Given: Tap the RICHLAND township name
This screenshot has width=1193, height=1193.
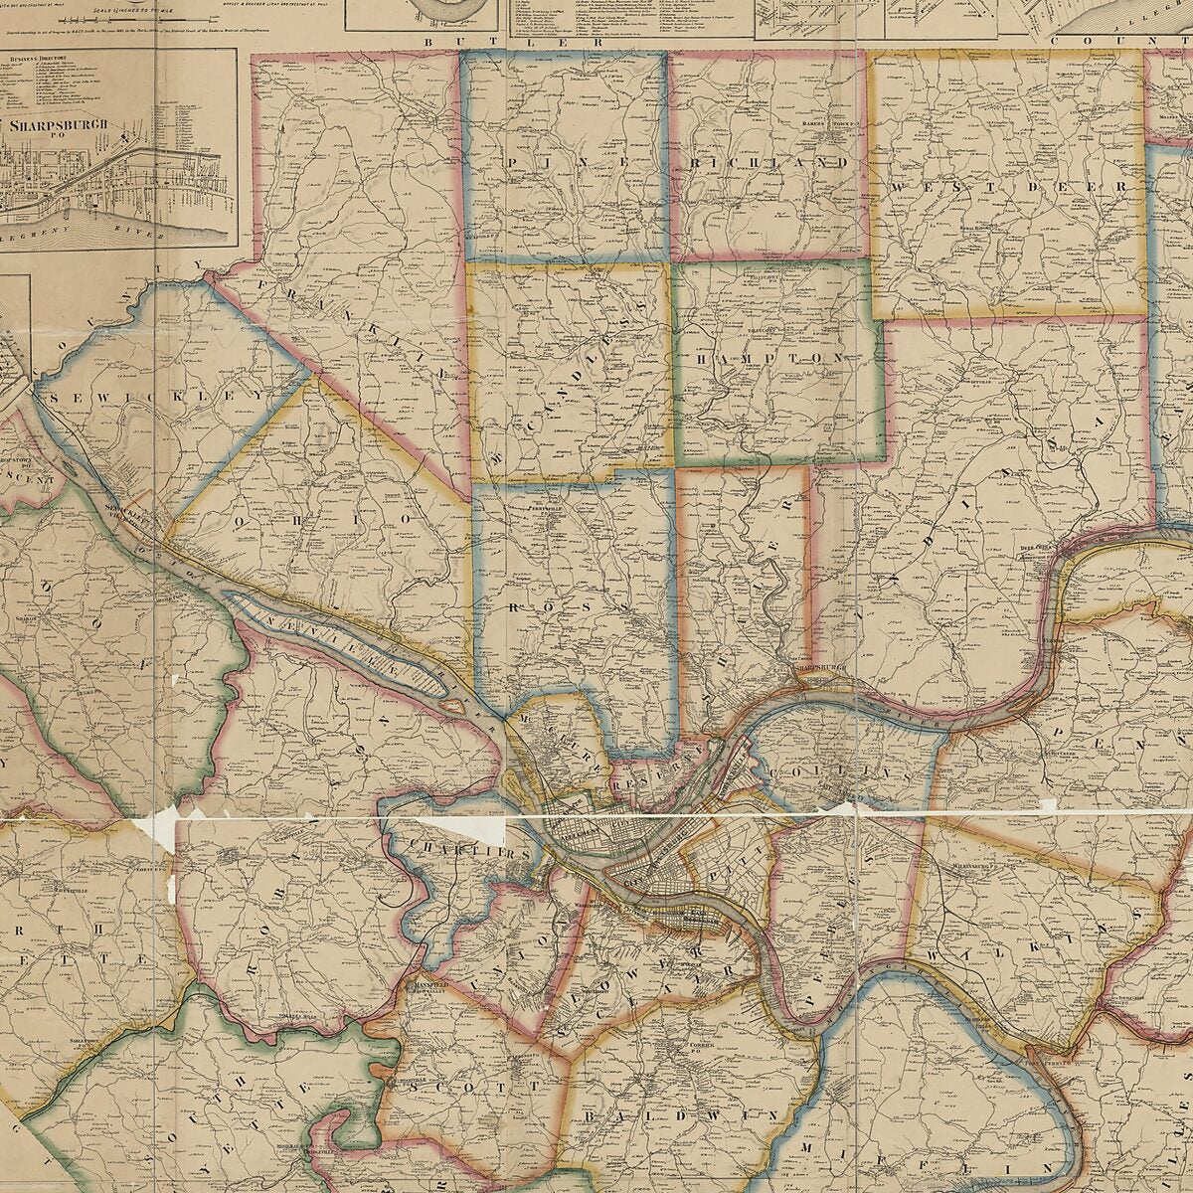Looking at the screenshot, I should pyautogui.click(x=767, y=162).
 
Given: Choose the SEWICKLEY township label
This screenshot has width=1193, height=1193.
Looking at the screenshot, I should pyautogui.click(x=154, y=395).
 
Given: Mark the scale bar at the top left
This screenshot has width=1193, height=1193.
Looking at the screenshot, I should pyautogui.click(x=154, y=14).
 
